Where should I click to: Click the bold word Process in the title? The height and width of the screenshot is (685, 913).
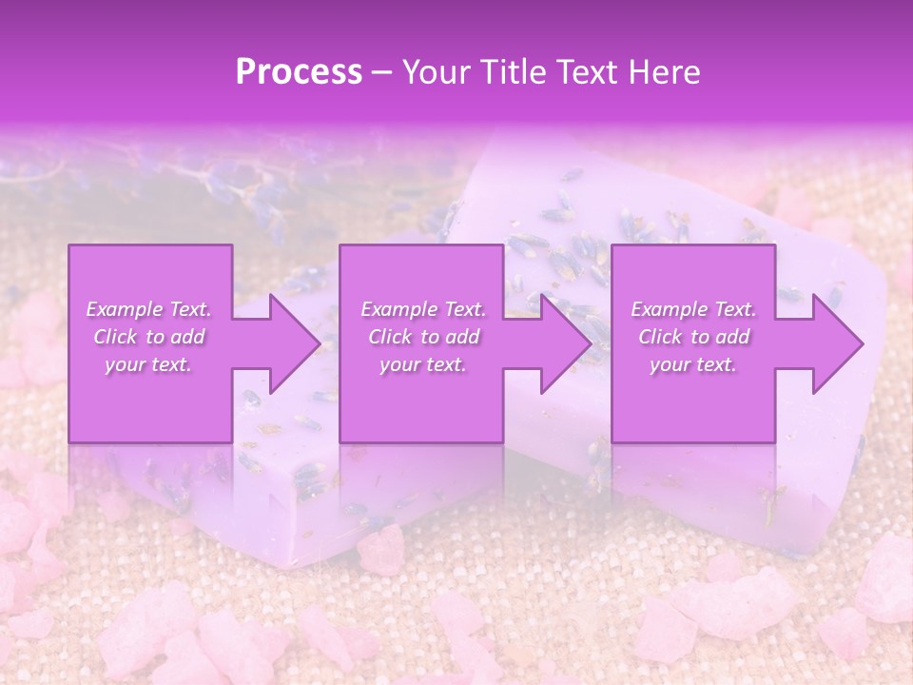click(299, 72)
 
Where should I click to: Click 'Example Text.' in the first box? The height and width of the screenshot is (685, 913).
click(148, 309)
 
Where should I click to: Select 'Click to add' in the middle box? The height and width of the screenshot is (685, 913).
click(423, 337)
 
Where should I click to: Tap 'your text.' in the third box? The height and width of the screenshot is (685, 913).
click(692, 364)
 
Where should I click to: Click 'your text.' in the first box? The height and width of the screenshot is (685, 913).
click(148, 364)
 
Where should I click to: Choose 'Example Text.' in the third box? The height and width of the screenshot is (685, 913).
click(693, 309)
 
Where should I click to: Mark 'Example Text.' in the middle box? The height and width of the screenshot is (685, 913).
click(423, 309)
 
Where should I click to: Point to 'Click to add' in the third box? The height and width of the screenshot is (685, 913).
click(693, 337)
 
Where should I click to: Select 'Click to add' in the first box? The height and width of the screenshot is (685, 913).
click(148, 337)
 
